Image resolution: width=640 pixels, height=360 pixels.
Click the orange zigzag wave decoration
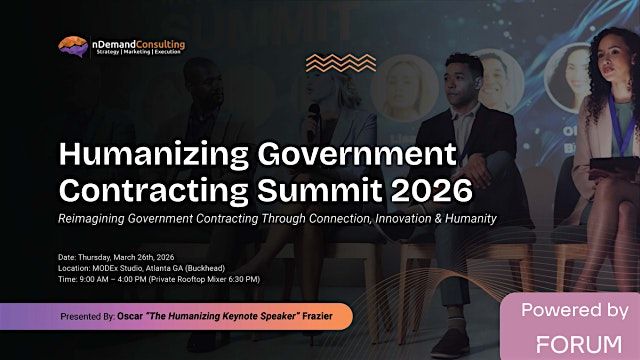[340, 63]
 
